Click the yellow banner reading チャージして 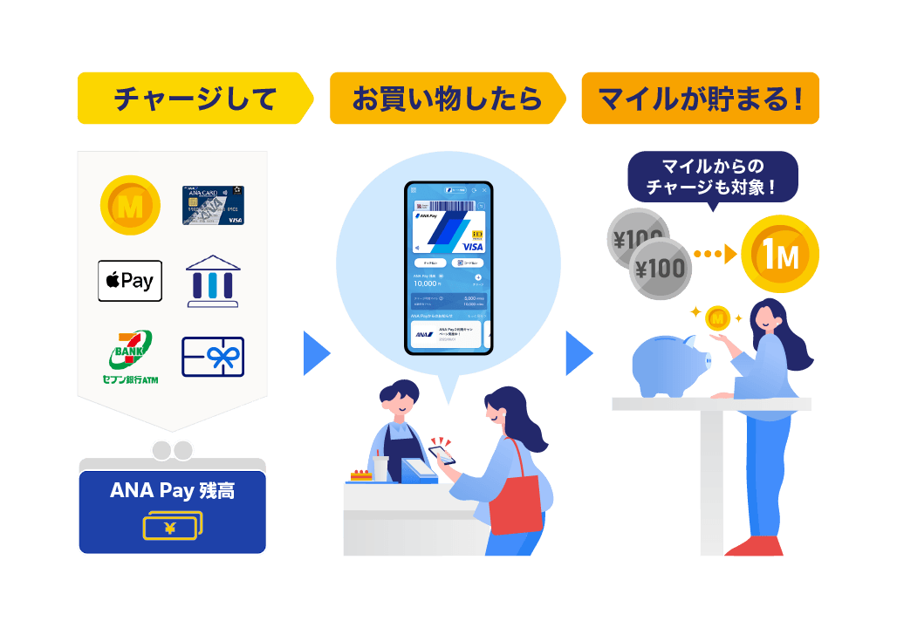tap(194, 98)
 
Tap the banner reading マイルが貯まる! tap(700, 98)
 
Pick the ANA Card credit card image tap(213, 205)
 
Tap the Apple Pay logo tap(129, 281)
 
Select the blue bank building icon tap(214, 281)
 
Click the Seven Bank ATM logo tap(129, 357)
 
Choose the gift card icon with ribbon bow tap(213, 357)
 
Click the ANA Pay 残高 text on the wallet tap(172, 490)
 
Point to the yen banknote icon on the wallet tap(172, 525)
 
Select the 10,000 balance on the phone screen tap(428, 283)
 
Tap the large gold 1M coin tap(779, 254)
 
